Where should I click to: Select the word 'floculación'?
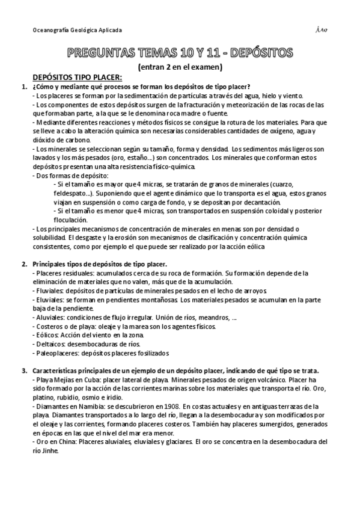pyautogui.click(x=71, y=220)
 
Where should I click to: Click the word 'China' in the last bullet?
pyautogui.click(x=62, y=441)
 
